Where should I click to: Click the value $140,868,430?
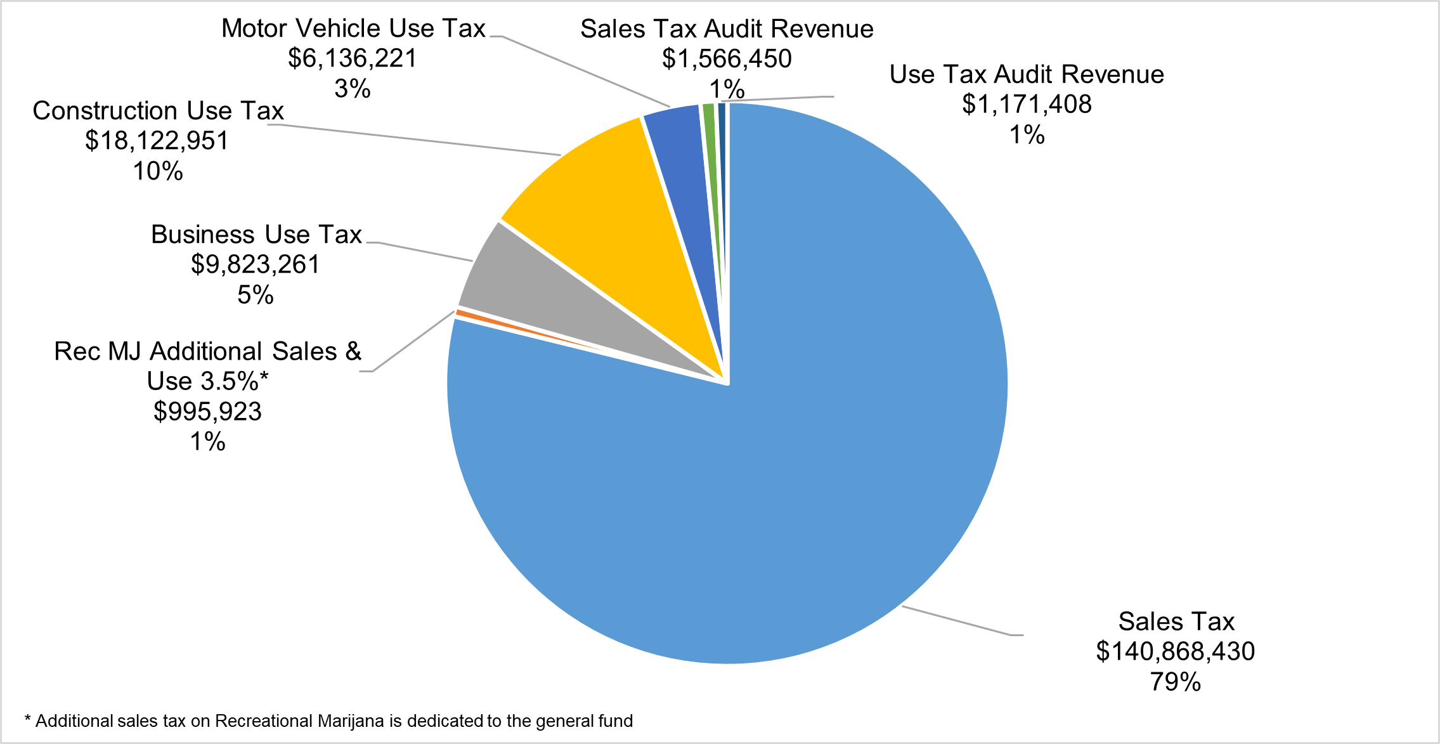tap(1175, 651)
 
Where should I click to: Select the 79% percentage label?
tap(1175, 682)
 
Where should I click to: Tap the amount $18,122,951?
tap(157, 141)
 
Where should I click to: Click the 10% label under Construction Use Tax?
tap(158, 171)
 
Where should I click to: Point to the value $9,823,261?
tap(256, 264)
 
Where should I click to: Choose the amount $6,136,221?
tap(353, 58)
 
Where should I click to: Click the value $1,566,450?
tap(727, 59)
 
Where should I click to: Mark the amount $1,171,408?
tap(1027, 105)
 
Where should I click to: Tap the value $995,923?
tap(207, 412)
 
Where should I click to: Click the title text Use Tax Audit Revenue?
tap(1027, 75)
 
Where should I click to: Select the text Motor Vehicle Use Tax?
tap(353, 29)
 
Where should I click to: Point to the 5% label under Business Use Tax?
tap(256, 295)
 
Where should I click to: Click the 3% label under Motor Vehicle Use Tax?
tap(353, 89)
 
